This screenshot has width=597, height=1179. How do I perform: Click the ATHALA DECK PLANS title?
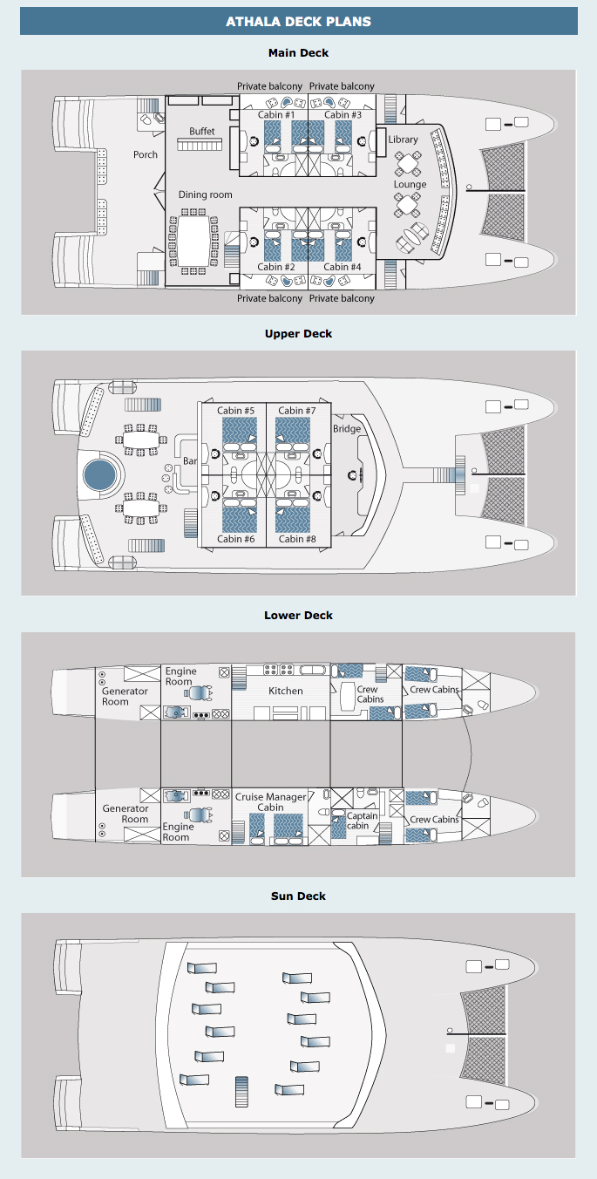point(298,21)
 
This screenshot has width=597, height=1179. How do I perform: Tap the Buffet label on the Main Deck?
point(202,132)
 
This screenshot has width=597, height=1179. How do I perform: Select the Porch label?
point(146,154)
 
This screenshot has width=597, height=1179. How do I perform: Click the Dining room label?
point(206,194)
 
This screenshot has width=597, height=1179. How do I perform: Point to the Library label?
point(404,140)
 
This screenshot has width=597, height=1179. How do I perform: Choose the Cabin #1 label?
point(277,115)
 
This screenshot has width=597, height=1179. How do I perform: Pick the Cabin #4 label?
point(343,267)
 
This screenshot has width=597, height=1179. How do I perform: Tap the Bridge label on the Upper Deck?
point(347,429)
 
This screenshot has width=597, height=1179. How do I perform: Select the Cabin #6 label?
point(236,539)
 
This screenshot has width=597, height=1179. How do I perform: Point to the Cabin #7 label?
point(297,411)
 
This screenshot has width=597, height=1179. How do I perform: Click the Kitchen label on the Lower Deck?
point(286,691)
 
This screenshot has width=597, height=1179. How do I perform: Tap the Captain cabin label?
point(363,821)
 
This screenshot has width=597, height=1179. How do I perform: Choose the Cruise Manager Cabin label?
point(271,802)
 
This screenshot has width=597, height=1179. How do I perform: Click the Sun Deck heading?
point(298,896)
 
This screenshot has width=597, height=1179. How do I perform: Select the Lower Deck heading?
point(298,616)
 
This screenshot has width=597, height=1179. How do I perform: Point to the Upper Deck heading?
point(298,334)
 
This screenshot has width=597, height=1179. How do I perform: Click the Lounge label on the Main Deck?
point(410,184)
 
